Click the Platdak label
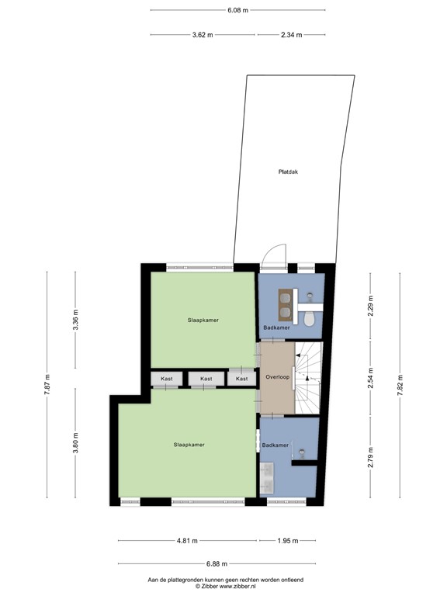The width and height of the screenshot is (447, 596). [x=289, y=172]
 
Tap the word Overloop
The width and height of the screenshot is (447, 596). [x=277, y=376]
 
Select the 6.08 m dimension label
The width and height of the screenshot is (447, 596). [x=237, y=11]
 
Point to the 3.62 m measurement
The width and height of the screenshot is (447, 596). [x=203, y=35]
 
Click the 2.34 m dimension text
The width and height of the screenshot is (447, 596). [x=291, y=35]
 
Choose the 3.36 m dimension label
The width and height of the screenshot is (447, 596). [x=75, y=320]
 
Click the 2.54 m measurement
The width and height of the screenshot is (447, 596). [x=371, y=379]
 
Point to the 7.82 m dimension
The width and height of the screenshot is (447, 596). [x=400, y=386]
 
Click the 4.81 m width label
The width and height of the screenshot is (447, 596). [x=187, y=541]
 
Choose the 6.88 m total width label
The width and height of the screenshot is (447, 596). [x=218, y=564]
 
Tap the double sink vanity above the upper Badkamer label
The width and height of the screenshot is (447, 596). [x=286, y=305]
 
